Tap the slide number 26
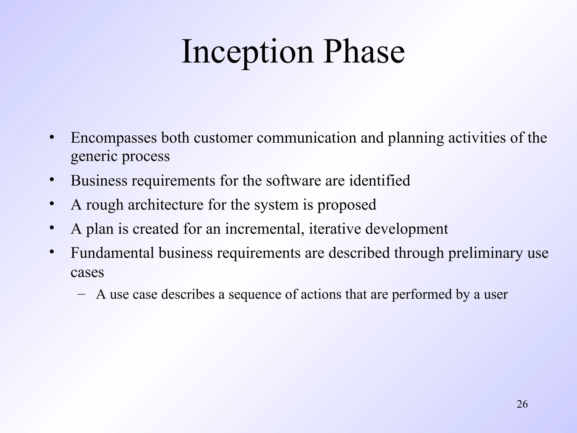click(522, 404)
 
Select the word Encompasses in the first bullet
click(114, 138)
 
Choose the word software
click(293, 181)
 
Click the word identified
click(380, 181)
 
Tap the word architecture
click(165, 205)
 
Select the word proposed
click(347, 205)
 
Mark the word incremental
click(265, 229)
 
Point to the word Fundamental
click(112, 253)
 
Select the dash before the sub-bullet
click(81, 294)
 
